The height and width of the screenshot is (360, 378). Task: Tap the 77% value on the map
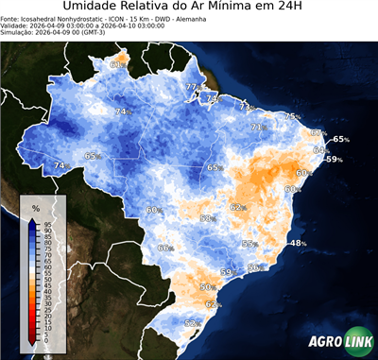tap(192, 88)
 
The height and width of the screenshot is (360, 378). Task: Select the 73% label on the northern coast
tap(246, 107)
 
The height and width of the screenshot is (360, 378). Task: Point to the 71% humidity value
tap(257, 127)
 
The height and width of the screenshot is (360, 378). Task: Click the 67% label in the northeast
tap(318, 133)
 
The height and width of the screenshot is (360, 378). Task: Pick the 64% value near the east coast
tap(320, 150)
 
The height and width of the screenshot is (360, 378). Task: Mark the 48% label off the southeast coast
tap(298, 244)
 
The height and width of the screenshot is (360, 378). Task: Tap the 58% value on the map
tap(207, 219)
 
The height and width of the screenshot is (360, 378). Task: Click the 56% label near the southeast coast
tap(254, 268)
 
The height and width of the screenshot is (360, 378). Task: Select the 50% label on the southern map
tap(207, 286)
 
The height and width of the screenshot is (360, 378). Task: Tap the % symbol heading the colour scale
tap(35, 207)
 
